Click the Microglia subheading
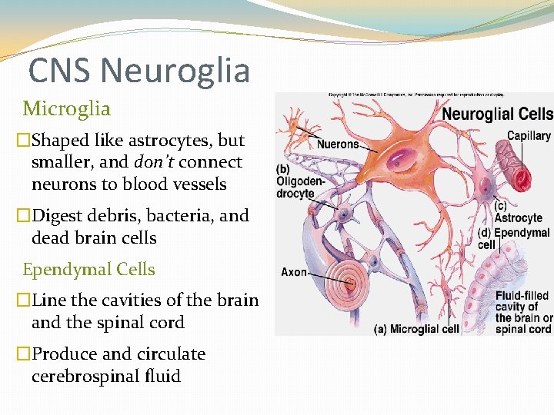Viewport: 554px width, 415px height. pyautogui.click(x=66, y=109)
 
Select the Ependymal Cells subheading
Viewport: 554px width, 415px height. pyautogui.click(x=88, y=270)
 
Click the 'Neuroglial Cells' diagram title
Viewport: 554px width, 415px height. pyautogui.click(x=497, y=114)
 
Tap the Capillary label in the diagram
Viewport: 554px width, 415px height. pyautogui.click(x=529, y=136)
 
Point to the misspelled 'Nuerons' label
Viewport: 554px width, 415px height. pyautogui.click(x=338, y=144)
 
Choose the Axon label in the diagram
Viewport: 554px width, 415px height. pyautogui.click(x=295, y=272)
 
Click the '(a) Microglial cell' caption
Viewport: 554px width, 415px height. pyautogui.click(x=416, y=329)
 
